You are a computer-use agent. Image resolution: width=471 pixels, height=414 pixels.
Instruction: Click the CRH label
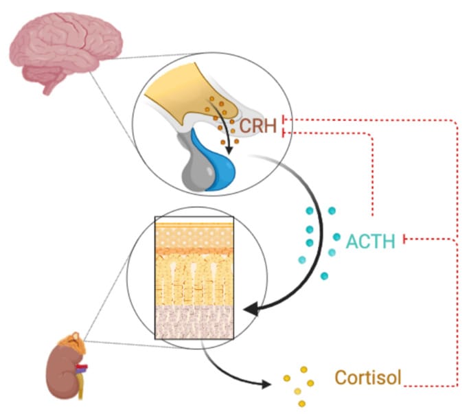click(x=258, y=126)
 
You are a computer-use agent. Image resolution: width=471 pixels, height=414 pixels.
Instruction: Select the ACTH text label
click(x=370, y=241)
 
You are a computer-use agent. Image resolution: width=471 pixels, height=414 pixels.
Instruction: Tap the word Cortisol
click(x=367, y=377)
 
